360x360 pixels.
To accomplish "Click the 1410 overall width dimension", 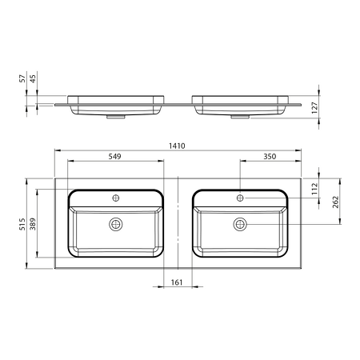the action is [177, 146].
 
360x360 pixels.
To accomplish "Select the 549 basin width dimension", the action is [114, 156].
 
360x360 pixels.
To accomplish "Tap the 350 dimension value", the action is [270, 156].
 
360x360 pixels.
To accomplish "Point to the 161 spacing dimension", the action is [177, 282].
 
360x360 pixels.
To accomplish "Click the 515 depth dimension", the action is [22, 224].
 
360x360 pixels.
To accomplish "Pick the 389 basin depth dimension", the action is [33, 224].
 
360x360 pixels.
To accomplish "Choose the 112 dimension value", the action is [315, 189].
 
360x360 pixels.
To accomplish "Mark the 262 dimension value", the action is [335, 202].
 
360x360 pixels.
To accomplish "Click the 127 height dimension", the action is [315, 108].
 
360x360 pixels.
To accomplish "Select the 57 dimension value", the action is [22, 78].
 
